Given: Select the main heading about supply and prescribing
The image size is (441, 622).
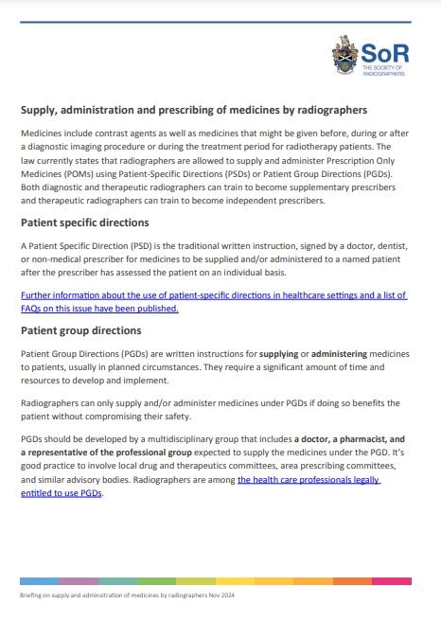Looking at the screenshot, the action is (194, 111).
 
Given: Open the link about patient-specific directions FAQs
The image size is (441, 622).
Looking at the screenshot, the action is (214, 301).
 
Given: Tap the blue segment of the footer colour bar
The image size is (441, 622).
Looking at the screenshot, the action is (40, 579).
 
